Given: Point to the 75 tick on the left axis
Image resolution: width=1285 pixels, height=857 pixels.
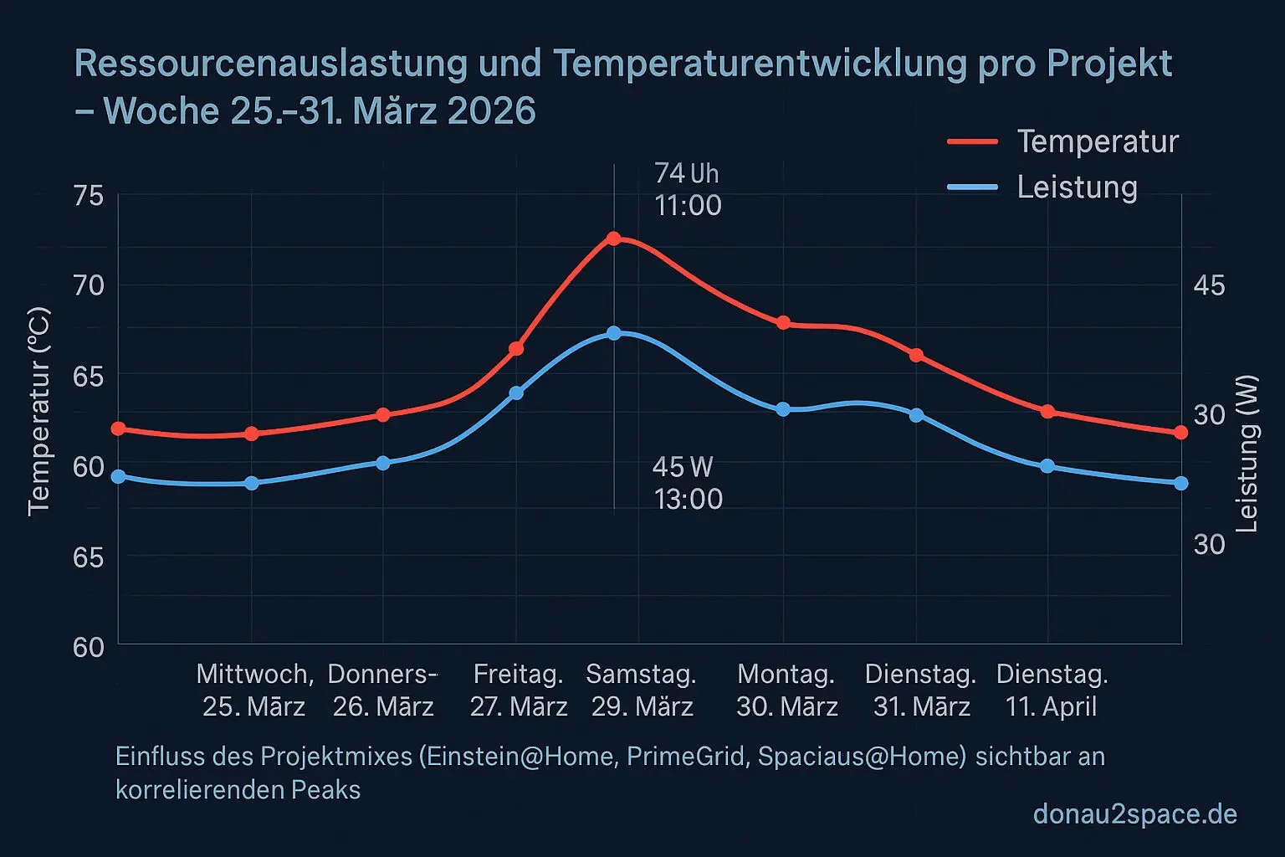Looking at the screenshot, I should [89, 196].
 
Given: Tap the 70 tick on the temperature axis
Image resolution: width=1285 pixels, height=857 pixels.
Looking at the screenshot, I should [89, 285].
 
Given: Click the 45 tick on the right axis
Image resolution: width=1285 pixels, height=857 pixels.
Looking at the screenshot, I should [1209, 285].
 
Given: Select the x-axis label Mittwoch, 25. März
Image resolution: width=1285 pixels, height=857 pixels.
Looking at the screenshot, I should [254, 690].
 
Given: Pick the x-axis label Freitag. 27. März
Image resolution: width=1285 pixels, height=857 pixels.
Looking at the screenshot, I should [518, 690].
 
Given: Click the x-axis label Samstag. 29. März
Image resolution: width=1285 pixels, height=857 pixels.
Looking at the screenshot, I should [642, 690].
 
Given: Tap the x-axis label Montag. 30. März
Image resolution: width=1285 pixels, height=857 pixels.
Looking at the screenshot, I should [786, 690].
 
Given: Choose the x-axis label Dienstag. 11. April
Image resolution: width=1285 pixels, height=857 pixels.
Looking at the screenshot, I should [1052, 690].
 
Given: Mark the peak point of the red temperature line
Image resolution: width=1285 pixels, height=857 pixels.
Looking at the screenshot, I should [613, 239].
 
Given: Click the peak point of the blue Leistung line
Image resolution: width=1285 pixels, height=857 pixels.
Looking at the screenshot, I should [613, 333].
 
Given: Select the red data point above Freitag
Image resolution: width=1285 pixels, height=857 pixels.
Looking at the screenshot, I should [516, 348].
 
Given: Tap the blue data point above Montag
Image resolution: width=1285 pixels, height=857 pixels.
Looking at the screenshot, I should [783, 409].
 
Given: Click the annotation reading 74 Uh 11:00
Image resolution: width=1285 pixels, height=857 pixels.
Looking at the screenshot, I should [688, 189].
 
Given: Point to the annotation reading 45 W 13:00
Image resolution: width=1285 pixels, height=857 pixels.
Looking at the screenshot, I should [687, 483].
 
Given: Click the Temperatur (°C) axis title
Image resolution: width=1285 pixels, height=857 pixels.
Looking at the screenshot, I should [38, 411].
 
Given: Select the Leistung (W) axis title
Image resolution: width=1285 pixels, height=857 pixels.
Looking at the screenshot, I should [1247, 453].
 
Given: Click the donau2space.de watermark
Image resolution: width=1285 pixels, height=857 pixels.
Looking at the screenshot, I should [1134, 813].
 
